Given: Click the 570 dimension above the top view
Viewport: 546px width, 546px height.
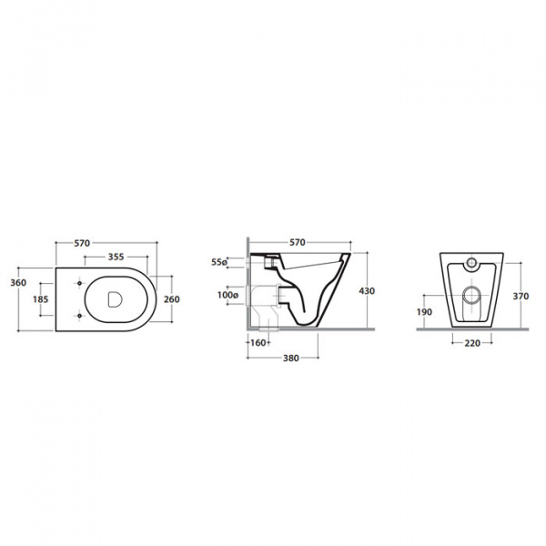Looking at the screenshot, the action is coord(82,243).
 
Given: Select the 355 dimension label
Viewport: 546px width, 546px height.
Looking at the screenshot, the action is coord(116,257).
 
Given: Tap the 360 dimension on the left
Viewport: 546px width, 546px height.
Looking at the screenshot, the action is coord(18,282).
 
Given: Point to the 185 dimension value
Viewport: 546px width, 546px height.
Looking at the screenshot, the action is coord(41,299).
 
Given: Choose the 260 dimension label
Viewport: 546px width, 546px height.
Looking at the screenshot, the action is coord(172,299).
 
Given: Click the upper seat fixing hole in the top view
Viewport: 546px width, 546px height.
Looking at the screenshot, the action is coord(79,283).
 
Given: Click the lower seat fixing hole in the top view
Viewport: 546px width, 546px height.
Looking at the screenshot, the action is coord(79,316).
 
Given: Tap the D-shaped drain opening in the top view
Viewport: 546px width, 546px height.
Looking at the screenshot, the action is coord(115,299).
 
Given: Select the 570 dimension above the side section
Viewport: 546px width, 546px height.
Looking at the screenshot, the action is coord(298,242).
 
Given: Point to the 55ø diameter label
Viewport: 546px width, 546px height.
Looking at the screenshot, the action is coord(219,262).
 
